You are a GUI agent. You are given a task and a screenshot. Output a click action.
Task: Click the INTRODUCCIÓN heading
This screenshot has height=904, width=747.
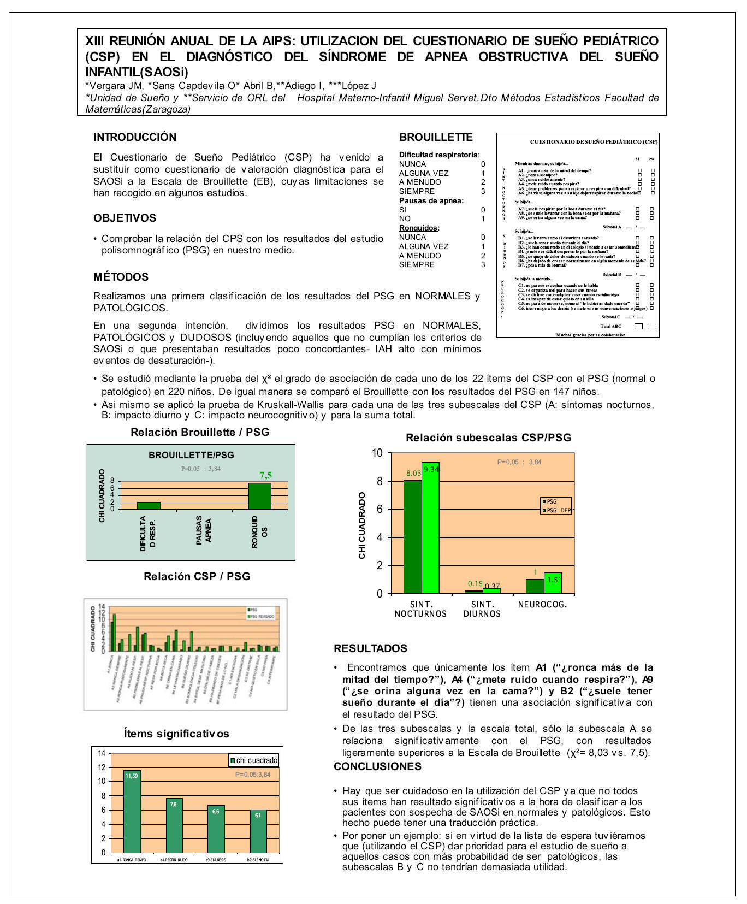[x=135, y=137]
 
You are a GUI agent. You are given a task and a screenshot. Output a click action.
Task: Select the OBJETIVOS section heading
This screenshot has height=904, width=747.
[x=124, y=218]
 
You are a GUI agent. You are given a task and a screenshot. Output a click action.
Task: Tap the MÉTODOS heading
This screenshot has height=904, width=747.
[x=121, y=277]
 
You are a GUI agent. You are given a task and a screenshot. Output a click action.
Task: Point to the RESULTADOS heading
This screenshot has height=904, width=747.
[x=370, y=648]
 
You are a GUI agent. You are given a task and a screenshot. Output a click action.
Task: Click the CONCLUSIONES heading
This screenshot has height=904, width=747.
[x=377, y=766]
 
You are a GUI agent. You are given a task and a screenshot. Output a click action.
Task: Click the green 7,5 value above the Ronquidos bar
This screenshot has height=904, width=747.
[x=265, y=475]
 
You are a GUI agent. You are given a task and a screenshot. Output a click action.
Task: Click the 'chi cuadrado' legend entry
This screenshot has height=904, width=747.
[x=254, y=760]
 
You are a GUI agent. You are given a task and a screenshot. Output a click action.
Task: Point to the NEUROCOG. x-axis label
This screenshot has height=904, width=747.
[x=542, y=604]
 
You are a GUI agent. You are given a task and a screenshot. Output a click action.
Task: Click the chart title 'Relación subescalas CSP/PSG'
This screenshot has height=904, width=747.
[x=488, y=438]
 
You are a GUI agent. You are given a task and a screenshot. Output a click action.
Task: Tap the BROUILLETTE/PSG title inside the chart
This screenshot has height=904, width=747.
[x=191, y=455]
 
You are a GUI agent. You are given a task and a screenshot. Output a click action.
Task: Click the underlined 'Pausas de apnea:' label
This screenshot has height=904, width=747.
[x=431, y=200]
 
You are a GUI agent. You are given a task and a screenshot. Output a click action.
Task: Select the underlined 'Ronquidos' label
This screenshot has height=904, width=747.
[x=418, y=228]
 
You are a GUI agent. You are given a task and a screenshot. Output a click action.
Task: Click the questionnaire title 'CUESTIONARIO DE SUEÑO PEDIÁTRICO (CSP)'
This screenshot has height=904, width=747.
[x=594, y=142]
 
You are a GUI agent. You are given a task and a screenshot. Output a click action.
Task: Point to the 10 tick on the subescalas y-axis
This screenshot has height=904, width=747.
[x=377, y=453]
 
